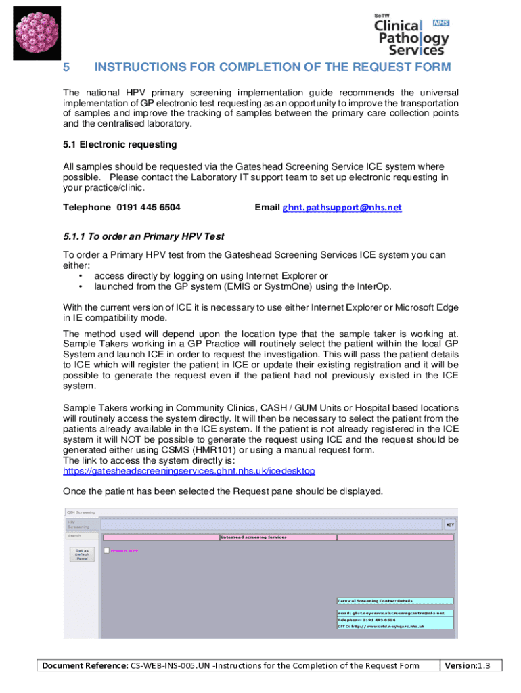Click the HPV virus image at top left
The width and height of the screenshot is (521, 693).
[37, 35]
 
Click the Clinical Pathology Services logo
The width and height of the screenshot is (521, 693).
[411, 35]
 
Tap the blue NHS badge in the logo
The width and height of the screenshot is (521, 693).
[440, 23]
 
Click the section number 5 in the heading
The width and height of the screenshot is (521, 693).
[66, 67]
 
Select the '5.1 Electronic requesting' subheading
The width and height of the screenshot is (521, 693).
[120, 144]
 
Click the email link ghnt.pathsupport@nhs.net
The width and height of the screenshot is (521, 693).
[342, 208]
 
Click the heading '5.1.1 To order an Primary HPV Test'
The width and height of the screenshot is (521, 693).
[143, 236]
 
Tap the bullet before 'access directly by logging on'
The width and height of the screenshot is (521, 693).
[81, 276]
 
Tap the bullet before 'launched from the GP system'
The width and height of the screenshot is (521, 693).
[81, 286]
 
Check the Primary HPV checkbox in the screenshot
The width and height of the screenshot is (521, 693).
[106, 550]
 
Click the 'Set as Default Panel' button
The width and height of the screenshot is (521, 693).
[81, 554]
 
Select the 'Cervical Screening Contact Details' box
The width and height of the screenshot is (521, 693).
[394, 600]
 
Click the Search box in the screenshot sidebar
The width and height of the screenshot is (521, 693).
[81, 535]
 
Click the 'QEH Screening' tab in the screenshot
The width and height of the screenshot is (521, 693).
[81, 512]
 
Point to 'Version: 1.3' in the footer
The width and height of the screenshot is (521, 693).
[470, 665]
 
